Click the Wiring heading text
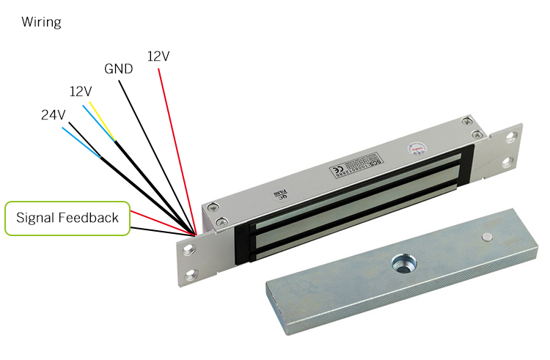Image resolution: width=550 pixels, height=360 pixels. click(x=41, y=22)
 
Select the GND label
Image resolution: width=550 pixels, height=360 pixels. click(x=118, y=70)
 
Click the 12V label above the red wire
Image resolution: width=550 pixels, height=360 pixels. click(x=160, y=56)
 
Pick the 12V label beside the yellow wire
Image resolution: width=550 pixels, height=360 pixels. click(x=81, y=92)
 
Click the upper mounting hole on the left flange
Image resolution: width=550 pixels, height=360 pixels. click(x=189, y=249)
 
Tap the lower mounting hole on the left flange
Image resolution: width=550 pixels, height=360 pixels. click(x=193, y=275)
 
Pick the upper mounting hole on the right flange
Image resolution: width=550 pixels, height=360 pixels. click(x=511, y=136)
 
